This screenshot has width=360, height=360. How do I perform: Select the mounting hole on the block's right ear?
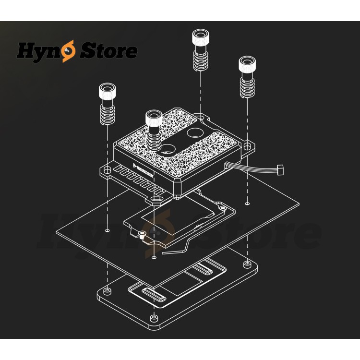pos(247,145)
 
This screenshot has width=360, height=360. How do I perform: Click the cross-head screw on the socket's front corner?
pos(142,234)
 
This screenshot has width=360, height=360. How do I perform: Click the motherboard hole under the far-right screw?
pos(247,204)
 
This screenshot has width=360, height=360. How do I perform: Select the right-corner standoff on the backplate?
pos(247,264)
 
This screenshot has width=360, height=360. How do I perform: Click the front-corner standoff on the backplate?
pos(154,318)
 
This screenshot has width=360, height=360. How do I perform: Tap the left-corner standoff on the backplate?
pos(107,291)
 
